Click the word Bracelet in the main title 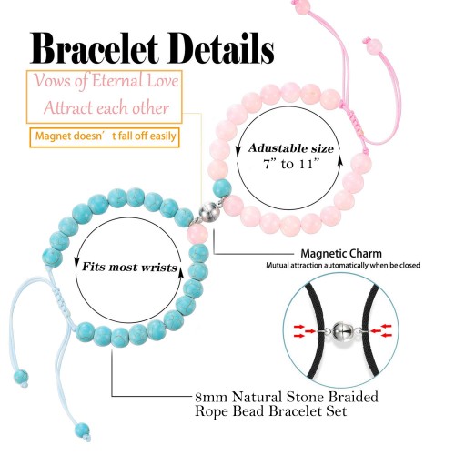point(94,48)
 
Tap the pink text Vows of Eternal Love point(106,81)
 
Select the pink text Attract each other point(106,108)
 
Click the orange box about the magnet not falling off point(105,137)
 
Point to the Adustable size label point(290,148)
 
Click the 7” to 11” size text point(291,164)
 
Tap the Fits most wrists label point(129,267)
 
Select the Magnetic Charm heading point(341,253)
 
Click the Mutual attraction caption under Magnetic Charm point(343,266)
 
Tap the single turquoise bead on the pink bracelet point(222,188)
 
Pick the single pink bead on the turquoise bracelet point(197,235)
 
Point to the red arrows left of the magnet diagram point(304,331)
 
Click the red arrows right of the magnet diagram point(381,331)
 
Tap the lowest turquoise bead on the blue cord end point(82,430)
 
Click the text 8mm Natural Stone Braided point(287,397)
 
